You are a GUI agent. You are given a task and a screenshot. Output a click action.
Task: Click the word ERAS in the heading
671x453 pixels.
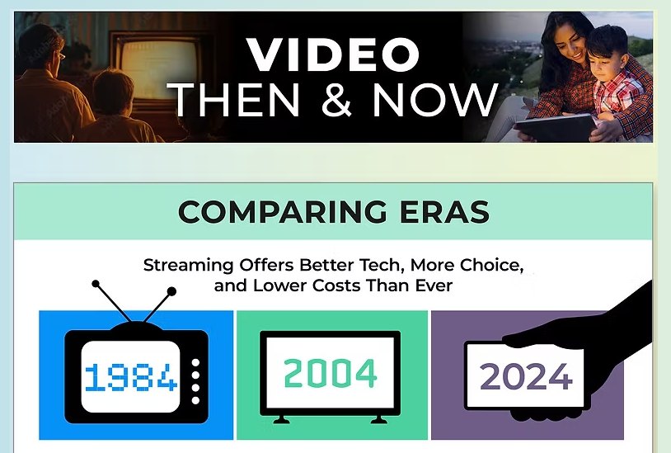[x=446, y=212]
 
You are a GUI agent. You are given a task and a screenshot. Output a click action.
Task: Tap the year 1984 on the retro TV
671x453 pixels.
[x=130, y=378]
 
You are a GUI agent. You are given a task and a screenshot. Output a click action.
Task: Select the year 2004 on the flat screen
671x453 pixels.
[x=331, y=374]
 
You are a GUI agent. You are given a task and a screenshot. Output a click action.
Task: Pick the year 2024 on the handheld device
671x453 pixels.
[x=525, y=376]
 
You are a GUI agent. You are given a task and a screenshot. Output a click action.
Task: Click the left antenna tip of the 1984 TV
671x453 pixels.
[x=96, y=284]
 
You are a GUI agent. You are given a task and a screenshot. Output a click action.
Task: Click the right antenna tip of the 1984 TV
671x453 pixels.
[x=172, y=290]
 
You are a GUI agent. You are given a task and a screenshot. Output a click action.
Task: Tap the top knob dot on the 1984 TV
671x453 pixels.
[x=195, y=362]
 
